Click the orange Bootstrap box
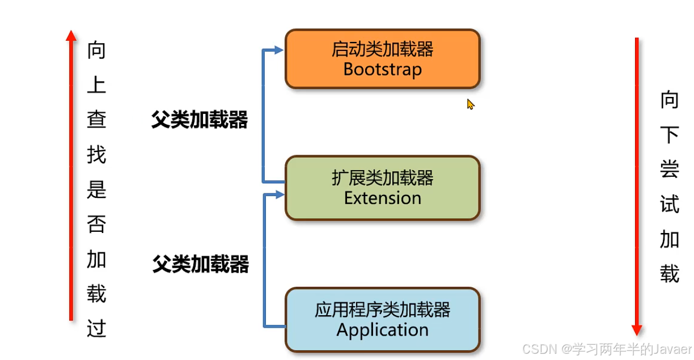pos(382,59)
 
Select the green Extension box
pos(382,188)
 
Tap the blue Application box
pos(382,320)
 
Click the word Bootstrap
pos(382,70)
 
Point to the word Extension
pos(382,198)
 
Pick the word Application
pos(382,330)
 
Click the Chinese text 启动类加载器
pos(382,49)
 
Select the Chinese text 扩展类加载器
pos(382,178)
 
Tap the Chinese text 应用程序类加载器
pos(382,310)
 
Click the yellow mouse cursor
pos(470,104)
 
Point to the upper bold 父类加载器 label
pos(199,120)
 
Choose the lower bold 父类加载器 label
pos(200,264)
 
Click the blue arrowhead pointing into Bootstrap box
pos(278,50)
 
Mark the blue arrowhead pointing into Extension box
pos(278,195)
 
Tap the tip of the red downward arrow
pos(637,332)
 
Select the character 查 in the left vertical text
pos(96,120)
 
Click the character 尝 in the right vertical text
pos(670,170)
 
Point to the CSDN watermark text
pos(607,348)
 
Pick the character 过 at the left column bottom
pos(96,329)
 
